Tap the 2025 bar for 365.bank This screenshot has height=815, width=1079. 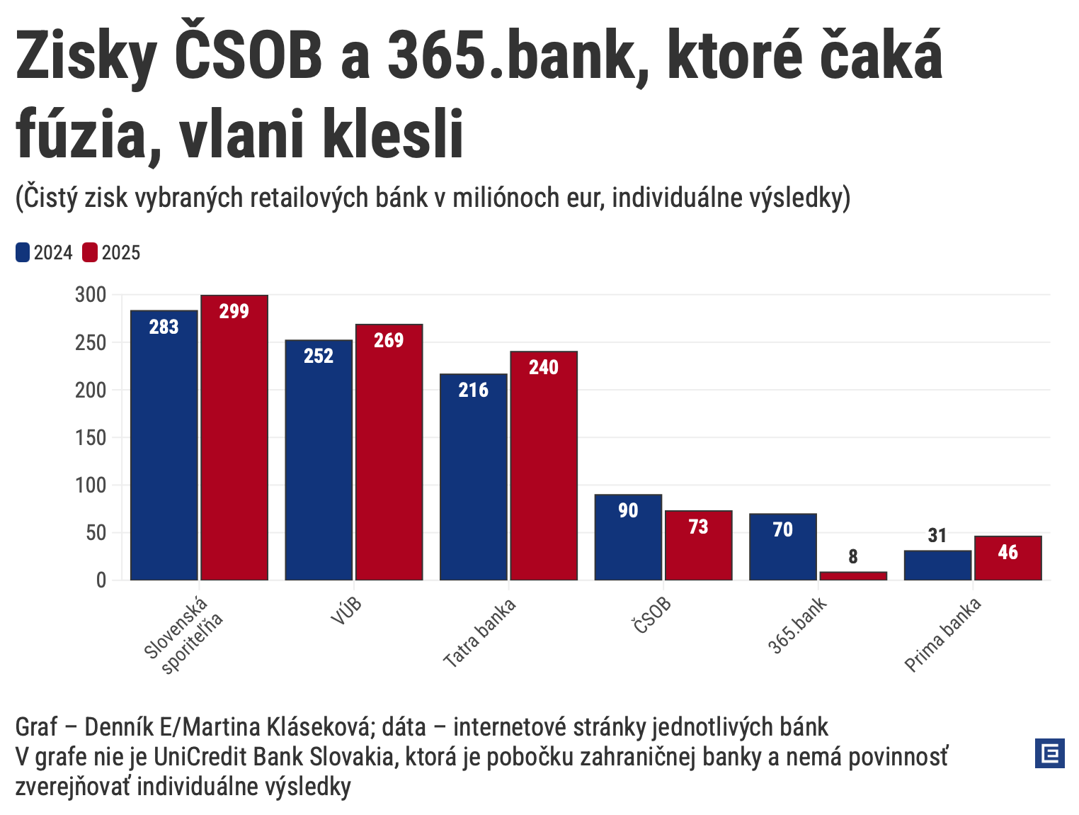pos(853,575)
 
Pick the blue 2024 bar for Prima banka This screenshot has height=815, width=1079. pos(937,566)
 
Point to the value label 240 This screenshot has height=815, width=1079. pos(544,367)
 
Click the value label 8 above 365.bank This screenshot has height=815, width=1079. pos(853,557)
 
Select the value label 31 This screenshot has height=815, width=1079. pos(937,536)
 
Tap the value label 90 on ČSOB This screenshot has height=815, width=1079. pos(628,510)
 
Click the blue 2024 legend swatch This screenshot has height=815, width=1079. pos(23,253)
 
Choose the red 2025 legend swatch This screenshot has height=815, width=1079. pos(90,253)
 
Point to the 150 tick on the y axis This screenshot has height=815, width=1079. pos(91,437)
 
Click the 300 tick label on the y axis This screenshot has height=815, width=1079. pos(91,295)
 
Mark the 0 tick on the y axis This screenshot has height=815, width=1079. pos(101,580)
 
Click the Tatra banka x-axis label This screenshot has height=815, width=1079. pos(480,633)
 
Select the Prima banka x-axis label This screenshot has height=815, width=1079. pos(943,634)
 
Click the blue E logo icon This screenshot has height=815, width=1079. pos(1049,753)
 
